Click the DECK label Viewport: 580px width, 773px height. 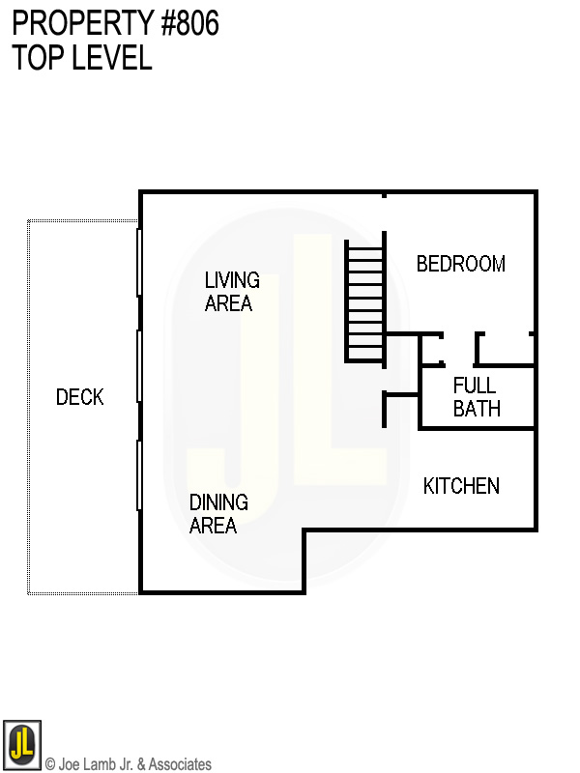pos(79,397)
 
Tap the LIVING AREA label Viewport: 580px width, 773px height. pos(232,292)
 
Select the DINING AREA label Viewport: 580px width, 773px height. pos(217,514)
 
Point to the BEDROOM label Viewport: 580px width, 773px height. pos(460,264)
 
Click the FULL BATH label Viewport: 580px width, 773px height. pos(477,397)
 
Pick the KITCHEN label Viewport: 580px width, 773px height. pos(461,486)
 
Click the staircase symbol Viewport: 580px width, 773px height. pos(365,302)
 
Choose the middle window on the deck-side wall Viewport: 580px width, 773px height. pos(140,365)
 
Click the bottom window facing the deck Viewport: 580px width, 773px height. pos(140,474)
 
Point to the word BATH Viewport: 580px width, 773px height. pos(477,409)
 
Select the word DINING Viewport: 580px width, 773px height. pos(218,502)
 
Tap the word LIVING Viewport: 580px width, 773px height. pos(232,280)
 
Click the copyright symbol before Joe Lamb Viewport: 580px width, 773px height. pos(50,764)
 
